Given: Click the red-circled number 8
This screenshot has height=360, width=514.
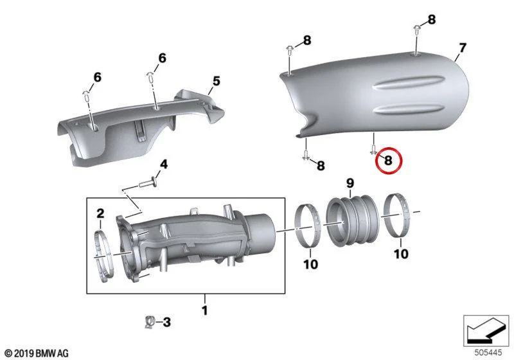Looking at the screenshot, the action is pos(388,161).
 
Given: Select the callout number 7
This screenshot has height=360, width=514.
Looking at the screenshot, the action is pos(462,48).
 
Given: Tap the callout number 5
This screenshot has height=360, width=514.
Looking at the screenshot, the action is pos(217,81).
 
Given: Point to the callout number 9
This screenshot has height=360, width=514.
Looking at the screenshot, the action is pos(350,183).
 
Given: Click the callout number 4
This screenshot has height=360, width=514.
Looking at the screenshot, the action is pos(164,165).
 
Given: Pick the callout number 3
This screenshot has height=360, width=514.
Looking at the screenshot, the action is pos(167,322).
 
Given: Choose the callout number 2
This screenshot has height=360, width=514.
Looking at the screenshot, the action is pos(100,213).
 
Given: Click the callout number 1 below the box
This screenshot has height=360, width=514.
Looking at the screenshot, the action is pos(205,310).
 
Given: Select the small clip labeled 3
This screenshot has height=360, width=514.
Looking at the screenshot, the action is pos(150,322).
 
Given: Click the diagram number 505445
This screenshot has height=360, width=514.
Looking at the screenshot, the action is pos(488,353).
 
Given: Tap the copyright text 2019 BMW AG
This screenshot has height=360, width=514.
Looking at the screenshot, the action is pos(37,353).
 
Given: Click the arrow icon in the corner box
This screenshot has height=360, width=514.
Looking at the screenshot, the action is pos(486,330).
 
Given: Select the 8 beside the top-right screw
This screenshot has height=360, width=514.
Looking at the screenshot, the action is pos(431,20).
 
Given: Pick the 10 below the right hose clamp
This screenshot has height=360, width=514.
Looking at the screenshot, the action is pos(401,254).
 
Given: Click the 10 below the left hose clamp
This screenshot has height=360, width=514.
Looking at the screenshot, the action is pos(310,264).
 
